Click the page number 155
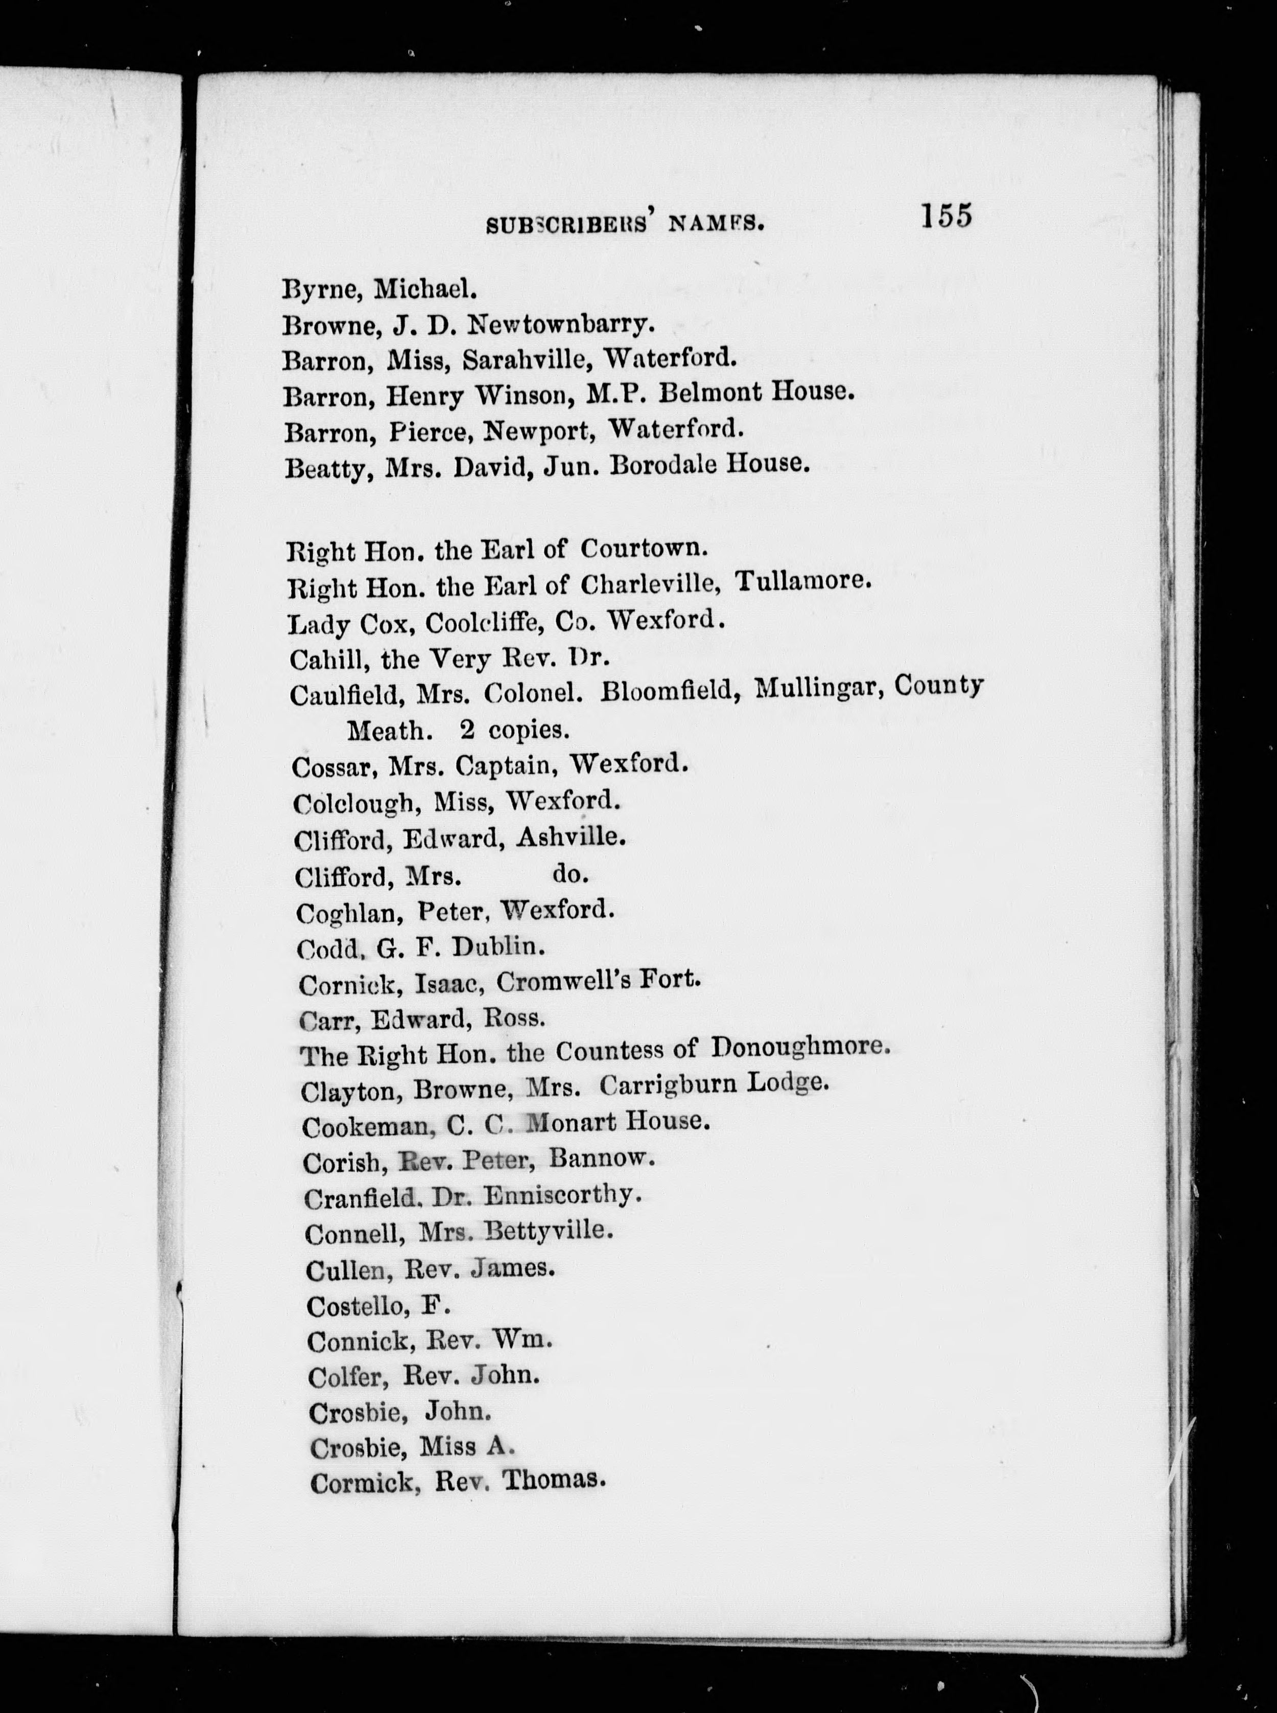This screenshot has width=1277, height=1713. coord(945,216)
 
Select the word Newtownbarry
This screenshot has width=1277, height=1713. coord(562,325)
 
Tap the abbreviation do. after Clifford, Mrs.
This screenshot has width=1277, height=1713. coord(571,874)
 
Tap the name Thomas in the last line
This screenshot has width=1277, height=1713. coord(552,1479)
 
